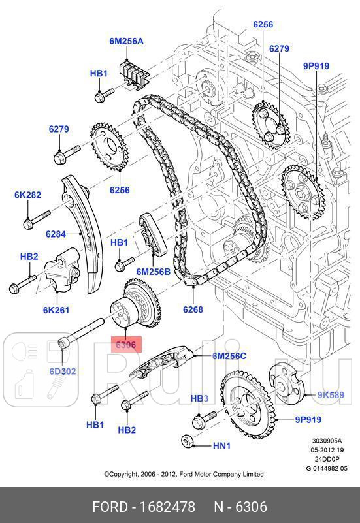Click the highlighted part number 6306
click(125, 344)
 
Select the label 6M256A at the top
click(126, 41)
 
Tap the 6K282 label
click(27, 195)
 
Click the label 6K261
click(57, 310)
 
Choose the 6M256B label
click(153, 271)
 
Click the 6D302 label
click(63, 371)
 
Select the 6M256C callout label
click(229, 356)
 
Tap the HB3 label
click(199, 398)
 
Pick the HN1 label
click(222, 445)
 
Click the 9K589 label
click(331, 394)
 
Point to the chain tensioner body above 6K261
click(63, 271)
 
